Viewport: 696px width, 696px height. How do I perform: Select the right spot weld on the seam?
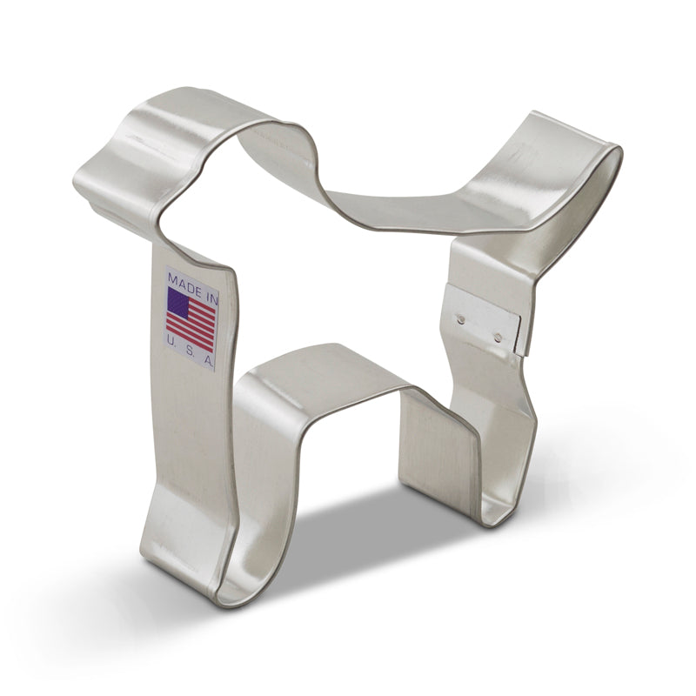tap(497, 334)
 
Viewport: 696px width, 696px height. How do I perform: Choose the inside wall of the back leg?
tap(435, 444)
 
